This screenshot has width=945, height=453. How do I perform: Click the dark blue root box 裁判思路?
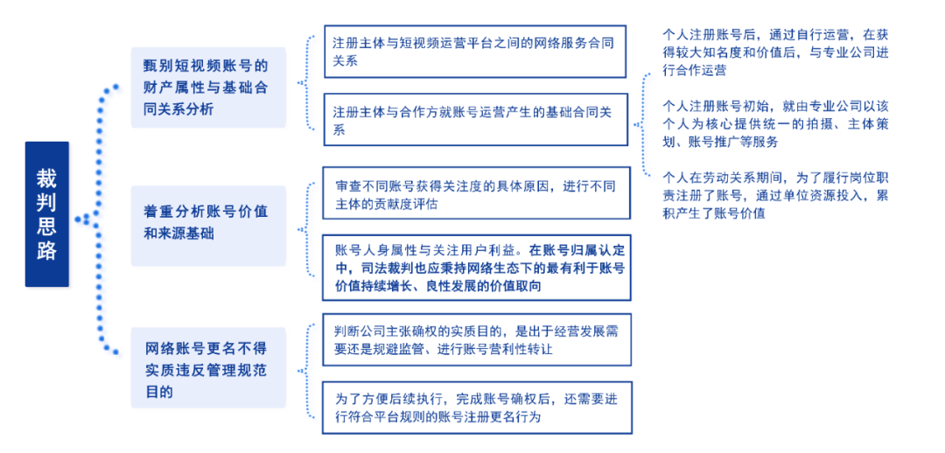[x=47, y=214]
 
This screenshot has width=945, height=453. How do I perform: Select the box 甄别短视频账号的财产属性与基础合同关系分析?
[x=208, y=87]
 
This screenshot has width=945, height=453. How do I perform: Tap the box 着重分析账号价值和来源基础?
[x=208, y=226]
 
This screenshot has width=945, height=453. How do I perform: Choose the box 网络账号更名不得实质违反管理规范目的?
[x=208, y=366]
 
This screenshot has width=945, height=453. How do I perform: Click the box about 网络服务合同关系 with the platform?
[x=475, y=52]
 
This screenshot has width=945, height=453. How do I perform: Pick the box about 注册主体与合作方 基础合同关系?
[x=475, y=119]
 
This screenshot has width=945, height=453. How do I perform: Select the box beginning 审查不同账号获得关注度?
[x=476, y=192]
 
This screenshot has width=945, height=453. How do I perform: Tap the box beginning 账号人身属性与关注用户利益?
[x=476, y=267]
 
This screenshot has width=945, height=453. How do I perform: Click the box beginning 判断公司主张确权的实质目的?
[x=477, y=339]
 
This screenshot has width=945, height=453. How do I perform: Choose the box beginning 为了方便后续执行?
[x=477, y=408]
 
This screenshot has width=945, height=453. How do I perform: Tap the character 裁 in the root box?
[x=47, y=178]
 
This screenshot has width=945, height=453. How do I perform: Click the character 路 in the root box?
[x=47, y=248]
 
